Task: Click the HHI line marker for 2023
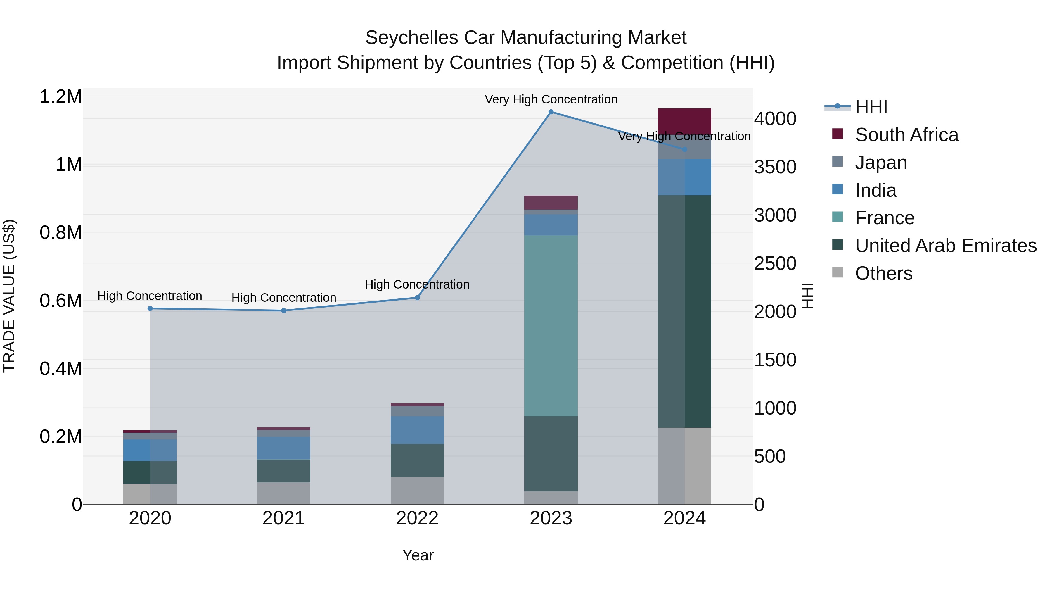(551, 112)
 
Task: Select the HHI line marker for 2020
(150, 308)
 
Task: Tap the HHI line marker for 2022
(417, 298)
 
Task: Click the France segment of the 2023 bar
(551, 326)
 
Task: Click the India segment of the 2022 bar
(417, 430)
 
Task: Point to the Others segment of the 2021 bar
(283, 493)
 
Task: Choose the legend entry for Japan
(881, 163)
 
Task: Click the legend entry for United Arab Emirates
(945, 246)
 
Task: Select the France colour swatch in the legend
(837, 217)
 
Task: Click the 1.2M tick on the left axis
(60, 97)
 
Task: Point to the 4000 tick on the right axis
(775, 119)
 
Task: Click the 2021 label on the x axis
(283, 518)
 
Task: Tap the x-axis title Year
(418, 555)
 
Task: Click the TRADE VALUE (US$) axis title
(9, 296)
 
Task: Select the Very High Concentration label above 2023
(551, 99)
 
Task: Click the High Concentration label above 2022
(417, 284)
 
